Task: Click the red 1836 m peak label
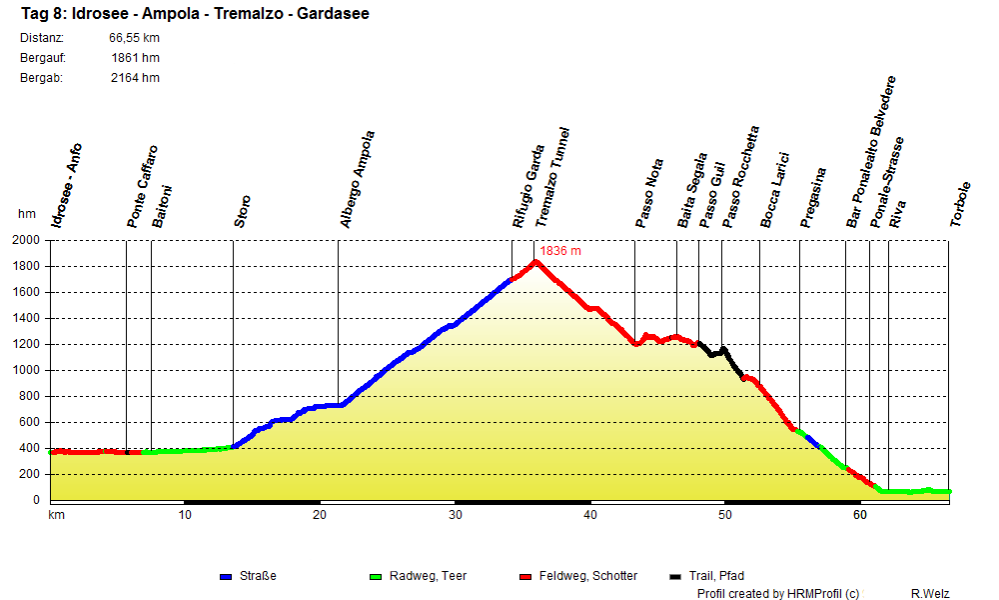tap(560, 251)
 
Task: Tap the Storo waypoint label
tap(243, 211)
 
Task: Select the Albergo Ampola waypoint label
tap(357, 180)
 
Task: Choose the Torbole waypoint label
tap(961, 205)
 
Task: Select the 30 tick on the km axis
tap(456, 515)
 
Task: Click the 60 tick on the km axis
tap(859, 515)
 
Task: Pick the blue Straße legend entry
tap(249, 576)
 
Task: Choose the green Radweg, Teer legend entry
tap(419, 576)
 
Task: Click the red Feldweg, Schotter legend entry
tap(579, 576)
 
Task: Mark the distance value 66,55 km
tap(134, 38)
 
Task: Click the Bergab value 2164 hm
tap(135, 78)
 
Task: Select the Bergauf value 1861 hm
tap(136, 58)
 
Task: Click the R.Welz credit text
tap(931, 593)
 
